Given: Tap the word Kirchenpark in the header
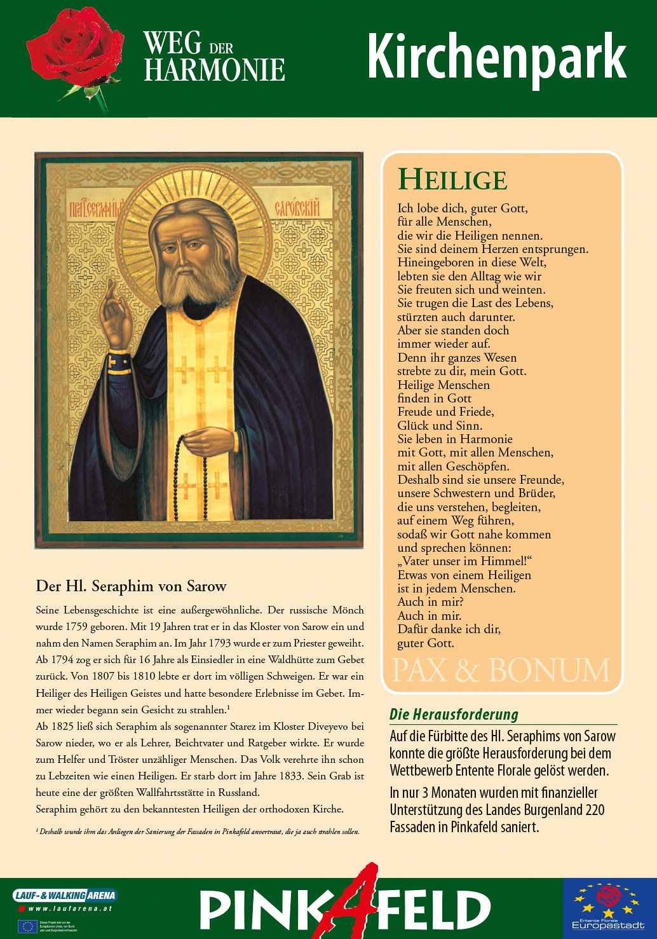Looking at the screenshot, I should pyautogui.click(x=496, y=57).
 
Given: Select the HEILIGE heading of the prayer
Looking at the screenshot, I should pyautogui.click(x=452, y=180).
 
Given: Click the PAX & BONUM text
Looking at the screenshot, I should pyautogui.click(x=501, y=671).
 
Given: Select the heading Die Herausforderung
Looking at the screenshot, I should pyautogui.click(x=454, y=715).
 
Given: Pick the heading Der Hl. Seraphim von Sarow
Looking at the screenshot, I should pyautogui.click(x=132, y=586).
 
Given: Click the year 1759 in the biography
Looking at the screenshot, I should pyautogui.click(x=77, y=626).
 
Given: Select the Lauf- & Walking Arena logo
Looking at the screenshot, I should pyautogui.click(x=65, y=895).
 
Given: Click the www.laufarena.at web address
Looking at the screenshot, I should pyautogui.click(x=70, y=908).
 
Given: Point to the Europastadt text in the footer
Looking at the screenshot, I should pyautogui.click(x=608, y=925).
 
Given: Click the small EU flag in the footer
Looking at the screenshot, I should pyautogui.click(x=27, y=926).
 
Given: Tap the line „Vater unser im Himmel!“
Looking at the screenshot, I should pyautogui.click(x=464, y=561).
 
